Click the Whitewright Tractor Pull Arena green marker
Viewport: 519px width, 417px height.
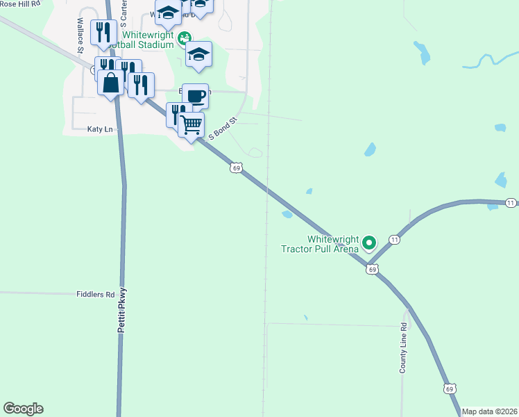pyautogui.click(x=369, y=243)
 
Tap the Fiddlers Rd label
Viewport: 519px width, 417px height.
pyautogui.click(x=95, y=295)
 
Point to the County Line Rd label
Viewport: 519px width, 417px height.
pyautogui.click(x=402, y=348)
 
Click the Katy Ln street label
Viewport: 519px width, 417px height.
pyautogui.click(x=100, y=129)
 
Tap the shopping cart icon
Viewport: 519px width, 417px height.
pyautogui.click(x=191, y=124)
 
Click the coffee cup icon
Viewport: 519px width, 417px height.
pyautogui.click(x=196, y=95)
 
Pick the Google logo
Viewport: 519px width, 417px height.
pyautogui.click(x=23, y=409)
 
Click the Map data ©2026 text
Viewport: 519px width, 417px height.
pyautogui.click(x=489, y=411)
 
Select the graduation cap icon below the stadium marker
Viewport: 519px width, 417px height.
pyautogui.click(x=198, y=54)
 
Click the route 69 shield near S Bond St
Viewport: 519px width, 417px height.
pyautogui.click(x=237, y=168)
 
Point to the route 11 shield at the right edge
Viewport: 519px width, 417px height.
pyautogui.click(x=511, y=202)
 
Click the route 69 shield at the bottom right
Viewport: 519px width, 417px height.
pyautogui.click(x=450, y=389)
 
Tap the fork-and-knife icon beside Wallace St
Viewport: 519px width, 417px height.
pyautogui.click(x=103, y=31)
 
